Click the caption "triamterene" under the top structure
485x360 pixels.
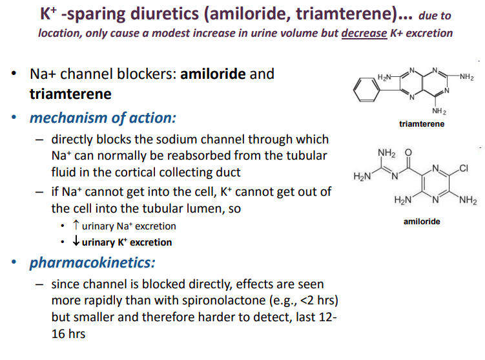422,123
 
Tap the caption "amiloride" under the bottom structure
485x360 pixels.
422,221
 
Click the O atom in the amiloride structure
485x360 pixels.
407,153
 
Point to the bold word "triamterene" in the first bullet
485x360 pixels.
70,94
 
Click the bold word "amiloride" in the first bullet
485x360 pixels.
213,74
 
